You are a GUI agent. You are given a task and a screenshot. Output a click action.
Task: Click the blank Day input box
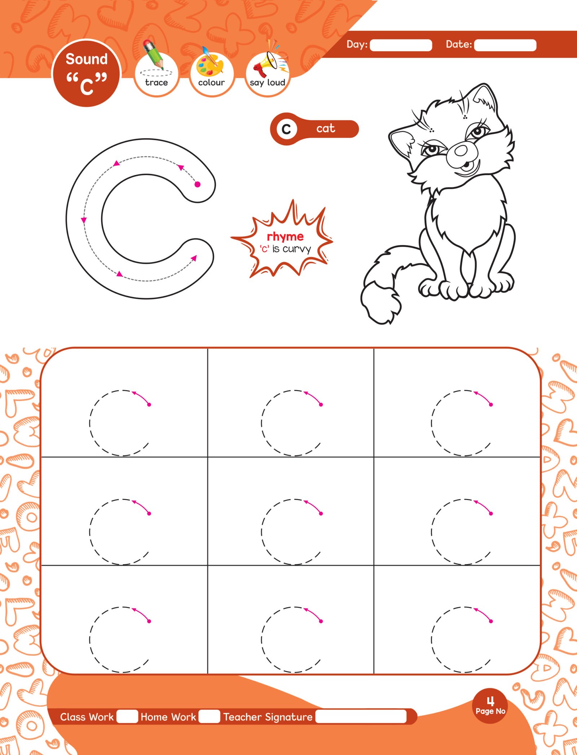point(401,45)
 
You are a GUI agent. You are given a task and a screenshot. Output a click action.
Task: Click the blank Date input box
point(505,45)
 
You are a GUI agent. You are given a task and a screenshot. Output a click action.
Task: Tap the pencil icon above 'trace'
point(153,54)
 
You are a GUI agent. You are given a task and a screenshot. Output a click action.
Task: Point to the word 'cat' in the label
point(326,128)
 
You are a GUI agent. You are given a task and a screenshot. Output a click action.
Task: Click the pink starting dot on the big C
point(197,185)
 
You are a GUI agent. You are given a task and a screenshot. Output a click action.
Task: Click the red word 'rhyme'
point(285,237)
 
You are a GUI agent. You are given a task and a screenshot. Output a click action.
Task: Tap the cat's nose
point(461,151)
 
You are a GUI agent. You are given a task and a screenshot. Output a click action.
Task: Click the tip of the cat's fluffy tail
point(382,323)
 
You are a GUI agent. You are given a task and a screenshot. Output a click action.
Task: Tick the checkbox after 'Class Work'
point(127,716)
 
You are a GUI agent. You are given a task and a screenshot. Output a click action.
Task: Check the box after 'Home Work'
point(210,716)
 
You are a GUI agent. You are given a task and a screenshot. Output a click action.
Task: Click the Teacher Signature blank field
point(361,716)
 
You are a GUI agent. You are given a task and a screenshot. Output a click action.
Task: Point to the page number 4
point(490,701)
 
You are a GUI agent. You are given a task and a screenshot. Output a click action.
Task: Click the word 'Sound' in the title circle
point(87,59)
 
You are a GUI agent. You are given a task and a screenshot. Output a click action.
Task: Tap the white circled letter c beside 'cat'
point(286,129)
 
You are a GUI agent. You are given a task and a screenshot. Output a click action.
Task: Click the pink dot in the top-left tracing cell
point(149,405)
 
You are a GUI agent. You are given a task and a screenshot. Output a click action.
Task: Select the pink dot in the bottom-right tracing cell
point(491,621)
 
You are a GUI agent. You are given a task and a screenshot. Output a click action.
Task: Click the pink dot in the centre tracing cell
point(321,514)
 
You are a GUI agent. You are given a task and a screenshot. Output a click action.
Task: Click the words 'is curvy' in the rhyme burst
point(291,249)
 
